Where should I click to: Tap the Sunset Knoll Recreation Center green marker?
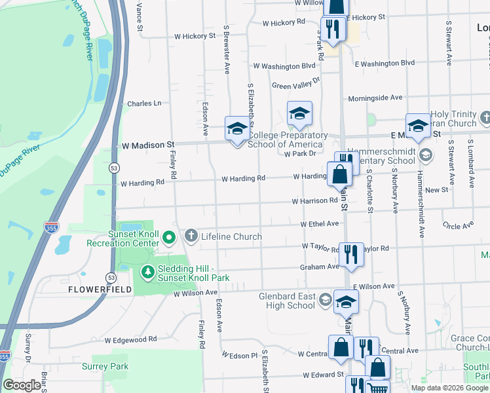click(169, 237)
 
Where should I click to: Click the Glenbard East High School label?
click(287, 301)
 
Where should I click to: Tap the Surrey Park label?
click(105, 367)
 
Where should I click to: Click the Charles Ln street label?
click(144, 103)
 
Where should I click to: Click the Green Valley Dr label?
click(295, 84)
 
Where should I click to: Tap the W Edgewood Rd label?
click(130, 339)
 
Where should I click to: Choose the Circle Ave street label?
click(458, 225)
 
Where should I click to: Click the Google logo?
click(22, 385)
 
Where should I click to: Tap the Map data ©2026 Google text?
click(449, 388)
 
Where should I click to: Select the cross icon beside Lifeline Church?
click(191, 236)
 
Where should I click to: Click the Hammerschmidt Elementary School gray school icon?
click(426, 155)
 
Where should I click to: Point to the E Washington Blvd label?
click(385, 64)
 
